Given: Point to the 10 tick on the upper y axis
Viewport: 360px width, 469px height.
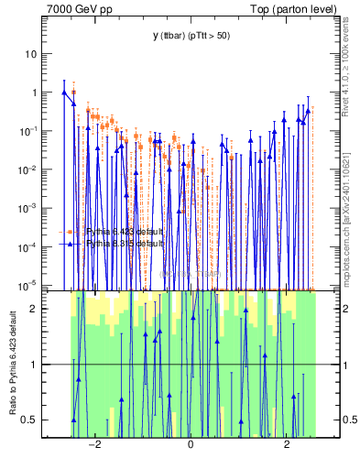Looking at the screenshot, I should coord(30,54).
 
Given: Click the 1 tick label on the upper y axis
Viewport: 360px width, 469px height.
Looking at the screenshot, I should coord(33,93).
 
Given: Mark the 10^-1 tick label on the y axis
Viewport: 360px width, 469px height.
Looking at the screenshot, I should coord(27,131).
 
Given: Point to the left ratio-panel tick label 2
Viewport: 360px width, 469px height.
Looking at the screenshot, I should coord(33,309).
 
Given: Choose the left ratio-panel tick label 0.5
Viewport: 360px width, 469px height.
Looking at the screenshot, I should coord(29,420).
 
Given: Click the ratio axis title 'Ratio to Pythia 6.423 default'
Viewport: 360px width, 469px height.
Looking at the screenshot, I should coord(12,364).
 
